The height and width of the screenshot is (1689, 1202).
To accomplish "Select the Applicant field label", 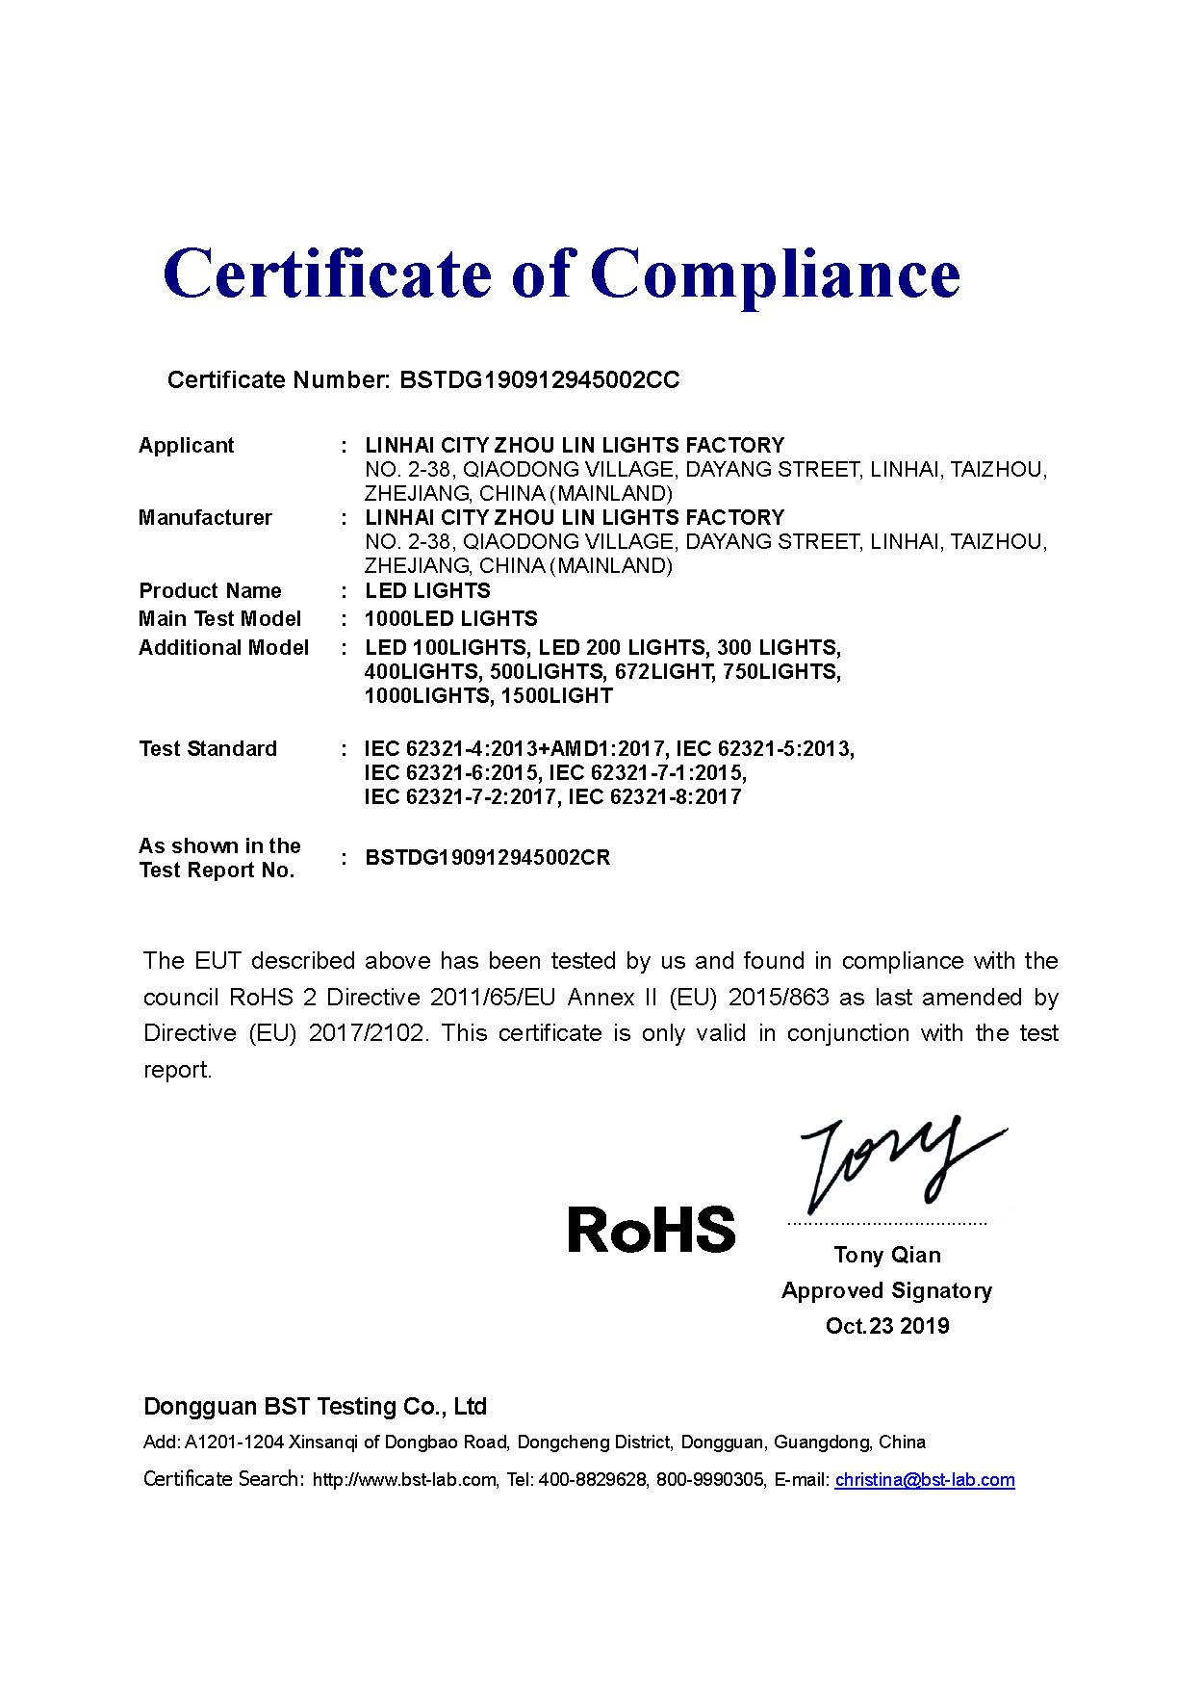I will (186, 446).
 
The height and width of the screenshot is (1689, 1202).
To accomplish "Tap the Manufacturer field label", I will (205, 518).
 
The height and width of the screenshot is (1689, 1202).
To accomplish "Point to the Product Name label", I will (210, 591).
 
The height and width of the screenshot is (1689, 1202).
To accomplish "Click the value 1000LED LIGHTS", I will (451, 619).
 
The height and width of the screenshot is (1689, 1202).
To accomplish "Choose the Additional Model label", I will (223, 647).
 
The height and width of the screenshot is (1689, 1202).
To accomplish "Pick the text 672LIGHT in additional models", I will (663, 671).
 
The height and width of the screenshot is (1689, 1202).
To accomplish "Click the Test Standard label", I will (208, 749).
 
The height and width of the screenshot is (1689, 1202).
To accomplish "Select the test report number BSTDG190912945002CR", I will (488, 858).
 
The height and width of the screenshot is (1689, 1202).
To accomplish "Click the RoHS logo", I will (651, 1231).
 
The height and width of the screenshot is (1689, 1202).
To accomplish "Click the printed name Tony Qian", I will (887, 1255).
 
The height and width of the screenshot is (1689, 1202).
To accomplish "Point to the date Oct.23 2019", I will (887, 1326).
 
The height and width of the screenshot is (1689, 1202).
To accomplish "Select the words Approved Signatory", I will (886, 1290).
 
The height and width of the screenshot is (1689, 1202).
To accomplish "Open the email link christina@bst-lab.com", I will (925, 1480).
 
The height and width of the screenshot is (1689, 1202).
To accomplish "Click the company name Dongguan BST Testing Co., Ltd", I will (315, 1407).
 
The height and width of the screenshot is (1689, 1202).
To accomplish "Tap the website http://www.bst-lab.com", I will (404, 1480).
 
